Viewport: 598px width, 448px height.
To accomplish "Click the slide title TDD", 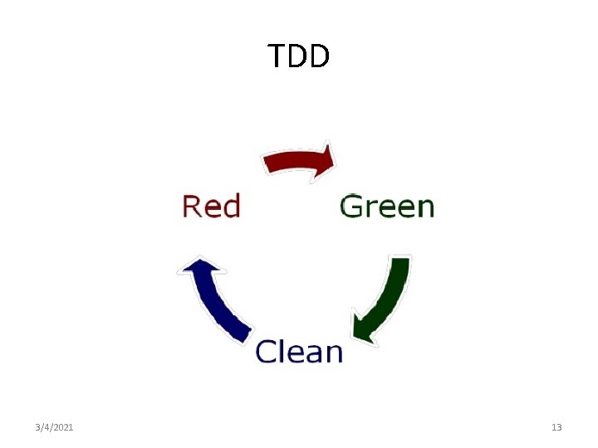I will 299,56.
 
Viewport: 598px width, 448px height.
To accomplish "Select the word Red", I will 211,206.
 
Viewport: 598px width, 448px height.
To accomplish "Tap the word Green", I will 387,206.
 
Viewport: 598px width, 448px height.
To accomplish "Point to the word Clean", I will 299,352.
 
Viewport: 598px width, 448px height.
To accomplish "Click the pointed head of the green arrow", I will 363,329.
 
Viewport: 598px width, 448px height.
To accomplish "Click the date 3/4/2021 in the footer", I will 54,427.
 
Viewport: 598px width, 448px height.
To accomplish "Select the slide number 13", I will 556,427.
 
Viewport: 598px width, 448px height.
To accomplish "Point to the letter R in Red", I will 191,206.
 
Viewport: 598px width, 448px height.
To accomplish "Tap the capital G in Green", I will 351,206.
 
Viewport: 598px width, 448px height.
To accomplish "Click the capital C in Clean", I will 266,352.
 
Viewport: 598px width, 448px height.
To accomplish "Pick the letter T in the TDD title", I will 277,56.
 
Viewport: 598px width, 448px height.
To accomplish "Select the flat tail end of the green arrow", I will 400,262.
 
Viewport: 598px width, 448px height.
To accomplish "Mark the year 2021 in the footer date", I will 63,427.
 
